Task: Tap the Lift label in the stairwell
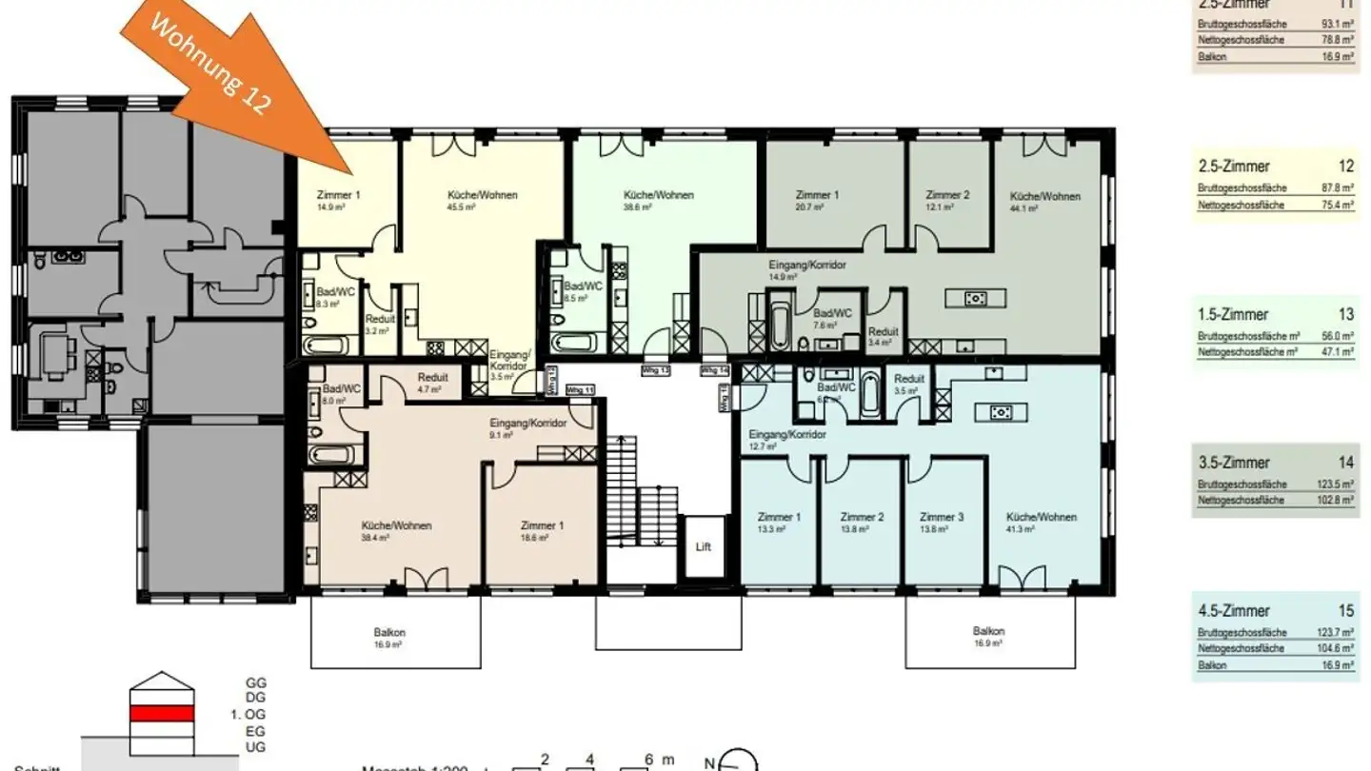point(704,547)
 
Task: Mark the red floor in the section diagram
point(162,713)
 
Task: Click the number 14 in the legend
point(1345,463)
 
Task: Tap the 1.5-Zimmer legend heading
point(1233,314)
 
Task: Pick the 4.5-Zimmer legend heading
point(1233,611)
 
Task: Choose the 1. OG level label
point(256,714)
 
